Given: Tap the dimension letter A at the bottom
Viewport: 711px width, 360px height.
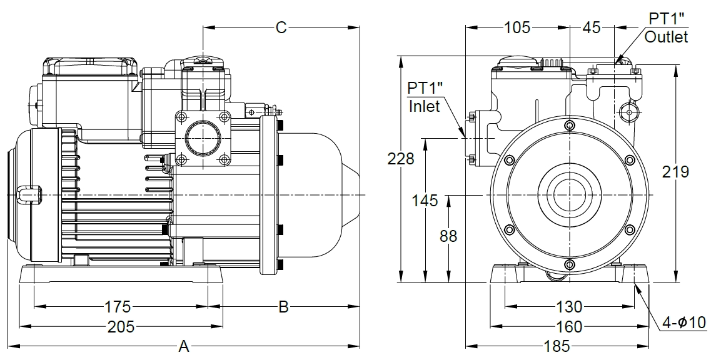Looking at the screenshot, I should click(x=184, y=346).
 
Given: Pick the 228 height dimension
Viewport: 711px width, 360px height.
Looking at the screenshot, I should click(x=401, y=159).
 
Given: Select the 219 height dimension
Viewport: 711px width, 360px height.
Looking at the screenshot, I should click(x=676, y=171).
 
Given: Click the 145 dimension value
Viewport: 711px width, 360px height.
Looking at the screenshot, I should click(x=425, y=201).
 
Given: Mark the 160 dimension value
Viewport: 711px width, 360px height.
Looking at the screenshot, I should click(x=568, y=326).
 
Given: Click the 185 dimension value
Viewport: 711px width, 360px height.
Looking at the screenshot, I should click(x=557, y=346).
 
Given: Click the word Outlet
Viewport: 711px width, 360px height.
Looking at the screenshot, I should click(x=666, y=37).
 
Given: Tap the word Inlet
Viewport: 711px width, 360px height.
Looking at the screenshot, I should click(x=425, y=106).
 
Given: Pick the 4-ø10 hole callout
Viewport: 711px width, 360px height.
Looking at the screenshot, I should click(x=684, y=322).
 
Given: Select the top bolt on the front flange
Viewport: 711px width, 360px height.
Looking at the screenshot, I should click(x=569, y=125).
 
